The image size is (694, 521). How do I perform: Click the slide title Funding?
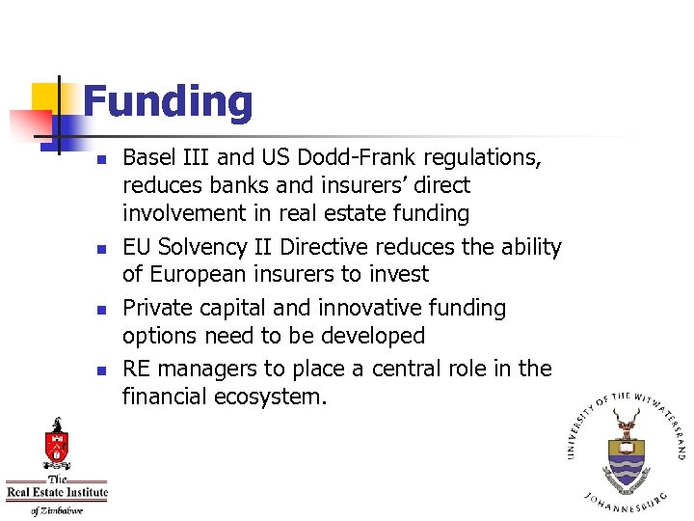point(168,102)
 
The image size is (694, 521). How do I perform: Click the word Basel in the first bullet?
point(147,157)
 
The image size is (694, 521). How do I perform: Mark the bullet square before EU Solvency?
point(107,248)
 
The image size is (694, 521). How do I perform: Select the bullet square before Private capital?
point(107,309)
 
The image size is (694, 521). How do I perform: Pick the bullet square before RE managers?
point(107,370)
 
